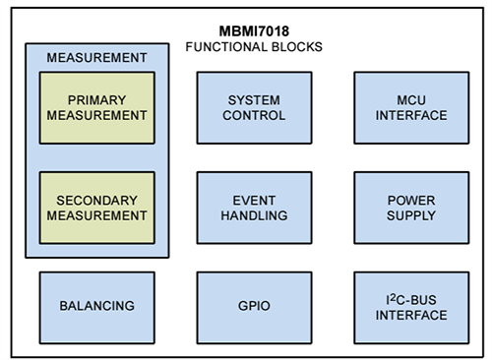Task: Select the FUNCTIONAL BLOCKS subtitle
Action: click(255, 47)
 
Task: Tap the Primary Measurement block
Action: click(96, 108)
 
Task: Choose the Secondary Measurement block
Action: click(96, 208)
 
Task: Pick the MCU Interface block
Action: click(411, 108)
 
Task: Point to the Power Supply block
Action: click(411, 208)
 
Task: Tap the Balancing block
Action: click(96, 307)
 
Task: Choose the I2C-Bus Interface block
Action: click(411, 307)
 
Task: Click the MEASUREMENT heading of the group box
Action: click(96, 57)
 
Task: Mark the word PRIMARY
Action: click(96, 100)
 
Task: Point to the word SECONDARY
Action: click(96, 200)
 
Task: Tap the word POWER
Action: click(411, 200)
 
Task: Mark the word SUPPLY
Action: click(411, 215)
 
